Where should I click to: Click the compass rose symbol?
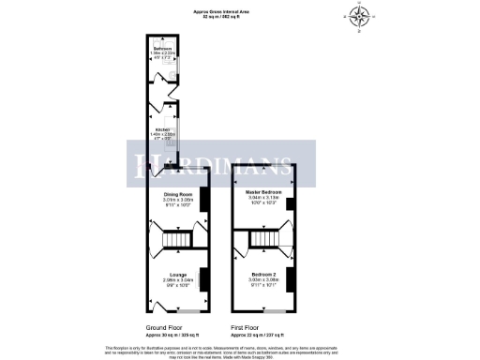[360, 16]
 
